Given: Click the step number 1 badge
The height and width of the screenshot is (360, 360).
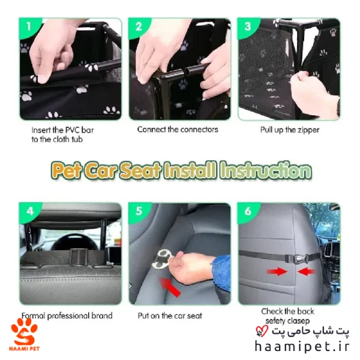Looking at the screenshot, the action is click(28, 26).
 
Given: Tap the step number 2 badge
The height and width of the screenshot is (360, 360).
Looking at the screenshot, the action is click(139, 26).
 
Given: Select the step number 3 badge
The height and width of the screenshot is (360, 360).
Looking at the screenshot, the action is click(247, 26).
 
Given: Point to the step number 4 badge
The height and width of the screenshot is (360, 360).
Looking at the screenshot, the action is click(29, 211).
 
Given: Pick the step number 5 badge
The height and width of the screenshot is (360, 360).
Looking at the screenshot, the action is click(139, 211).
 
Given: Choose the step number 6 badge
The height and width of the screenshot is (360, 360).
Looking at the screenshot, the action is click(248, 211).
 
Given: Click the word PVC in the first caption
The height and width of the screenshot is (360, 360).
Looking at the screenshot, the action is click(73, 130).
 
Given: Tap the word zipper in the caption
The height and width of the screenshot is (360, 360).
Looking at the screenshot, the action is click(308, 130).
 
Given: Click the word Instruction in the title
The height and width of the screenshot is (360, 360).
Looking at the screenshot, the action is click(266, 170).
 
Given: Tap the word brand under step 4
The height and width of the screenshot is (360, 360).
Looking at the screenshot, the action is click(102, 316).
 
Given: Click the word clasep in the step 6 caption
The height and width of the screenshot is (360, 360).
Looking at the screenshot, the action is click(298, 321).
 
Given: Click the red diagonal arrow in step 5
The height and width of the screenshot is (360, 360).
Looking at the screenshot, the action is click(170, 287).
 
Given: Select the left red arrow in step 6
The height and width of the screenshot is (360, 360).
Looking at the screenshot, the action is click(277, 271).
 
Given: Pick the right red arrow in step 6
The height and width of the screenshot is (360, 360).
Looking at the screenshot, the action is click(307, 271).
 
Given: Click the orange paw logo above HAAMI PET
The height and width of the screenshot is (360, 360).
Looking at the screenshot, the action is click(24, 332).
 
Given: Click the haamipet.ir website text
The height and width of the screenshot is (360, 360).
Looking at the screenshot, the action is click(302, 347).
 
